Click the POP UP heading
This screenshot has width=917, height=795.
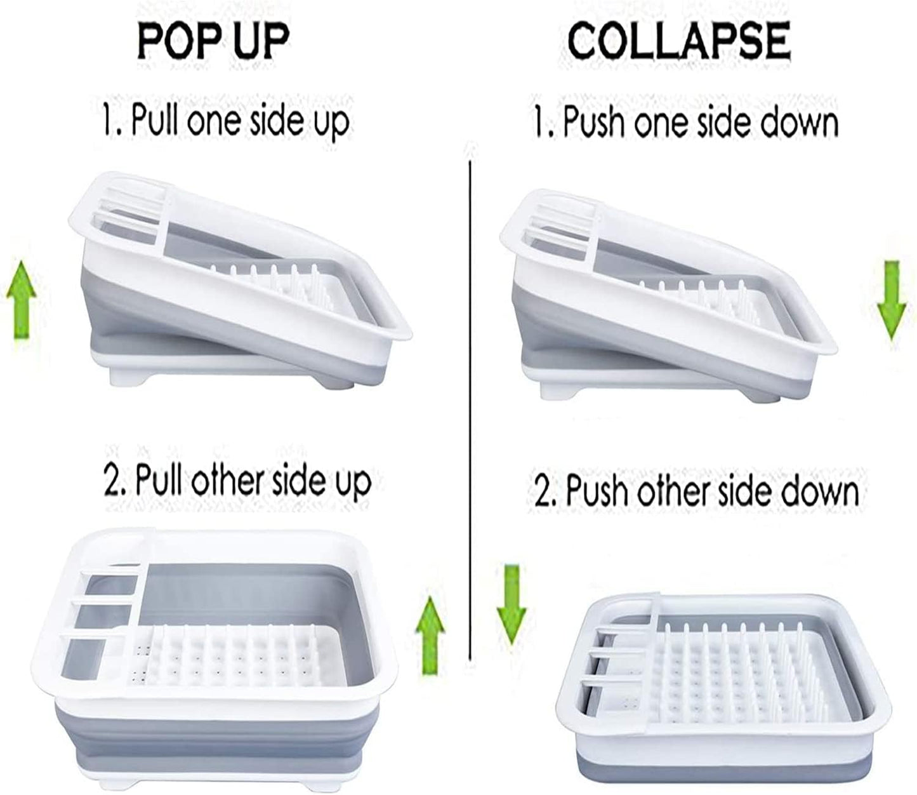click(213, 41)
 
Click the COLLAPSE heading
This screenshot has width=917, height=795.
click(679, 41)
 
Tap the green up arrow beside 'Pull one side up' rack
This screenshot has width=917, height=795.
click(22, 300)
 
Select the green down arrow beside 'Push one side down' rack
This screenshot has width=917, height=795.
click(891, 300)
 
